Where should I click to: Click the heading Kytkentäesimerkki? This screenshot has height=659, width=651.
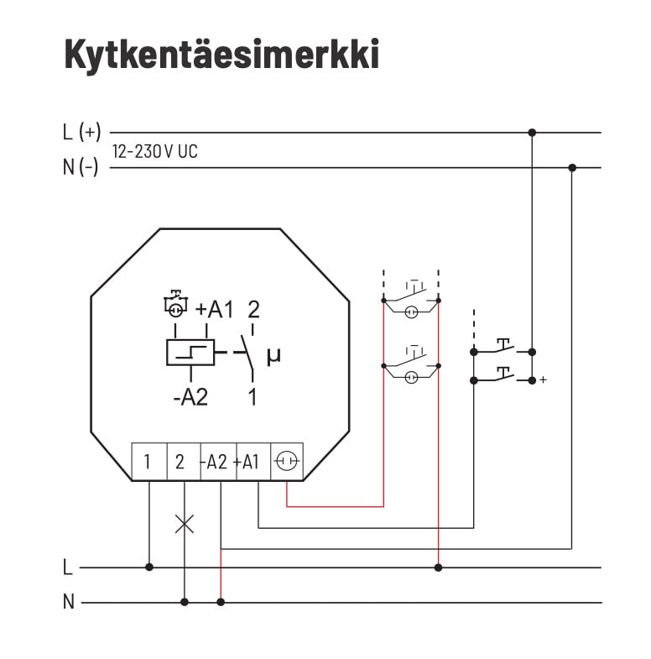pyautogui.click(x=221, y=55)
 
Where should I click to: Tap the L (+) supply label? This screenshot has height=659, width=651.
pyautogui.click(x=81, y=132)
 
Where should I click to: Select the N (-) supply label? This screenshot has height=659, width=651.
pyautogui.click(x=81, y=167)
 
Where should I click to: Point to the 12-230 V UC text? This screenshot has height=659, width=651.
pyautogui.click(x=154, y=152)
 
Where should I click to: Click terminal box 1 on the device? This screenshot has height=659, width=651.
pyautogui.click(x=148, y=462)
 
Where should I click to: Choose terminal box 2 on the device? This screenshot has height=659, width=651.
pyautogui.click(x=183, y=462)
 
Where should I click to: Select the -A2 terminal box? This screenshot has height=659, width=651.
pyautogui.click(x=216, y=462)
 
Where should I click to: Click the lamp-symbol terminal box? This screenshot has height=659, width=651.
pyautogui.click(x=286, y=462)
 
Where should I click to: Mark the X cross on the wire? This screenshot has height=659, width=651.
pyautogui.click(x=184, y=524)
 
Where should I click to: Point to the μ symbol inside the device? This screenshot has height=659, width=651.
pyautogui.click(x=273, y=356)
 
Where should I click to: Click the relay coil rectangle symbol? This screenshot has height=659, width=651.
pyautogui.click(x=190, y=353)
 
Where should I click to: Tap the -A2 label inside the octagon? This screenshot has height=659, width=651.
pyautogui.click(x=190, y=397)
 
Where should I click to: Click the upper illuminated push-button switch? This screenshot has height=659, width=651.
pyautogui.click(x=410, y=300)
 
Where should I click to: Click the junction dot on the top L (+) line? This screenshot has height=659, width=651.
pyautogui.click(x=532, y=133)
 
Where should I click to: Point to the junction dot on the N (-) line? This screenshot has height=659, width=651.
pyautogui.click(x=572, y=168)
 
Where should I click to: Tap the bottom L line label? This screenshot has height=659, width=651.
pyautogui.click(x=67, y=567)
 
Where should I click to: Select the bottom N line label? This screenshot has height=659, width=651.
pyautogui.click(x=68, y=602)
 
